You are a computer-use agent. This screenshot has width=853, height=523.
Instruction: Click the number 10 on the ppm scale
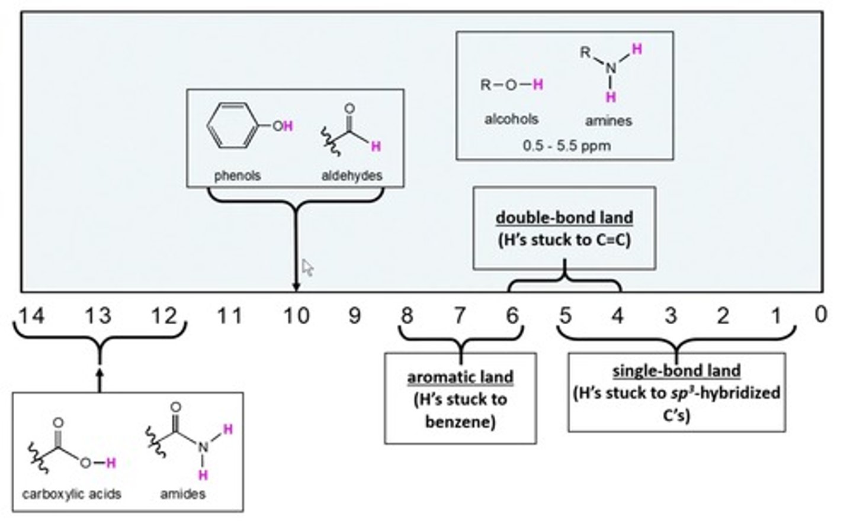pyautogui.click(x=296, y=316)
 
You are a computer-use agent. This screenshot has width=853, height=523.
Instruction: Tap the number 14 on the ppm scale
pyautogui.click(x=31, y=316)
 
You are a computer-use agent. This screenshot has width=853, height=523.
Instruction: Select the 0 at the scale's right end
pyautogui.click(x=820, y=315)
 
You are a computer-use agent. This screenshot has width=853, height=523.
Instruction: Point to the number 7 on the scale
pyautogui.click(x=460, y=316)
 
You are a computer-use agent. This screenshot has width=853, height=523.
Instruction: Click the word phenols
pyautogui.click(x=238, y=176)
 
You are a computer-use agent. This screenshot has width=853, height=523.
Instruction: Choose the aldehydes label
pyautogui.click(x=352, y=176)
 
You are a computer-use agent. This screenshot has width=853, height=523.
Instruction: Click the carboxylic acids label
pyautogui.click(x=72, y=493)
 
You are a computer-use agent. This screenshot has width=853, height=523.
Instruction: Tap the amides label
pyautogui.click(x=182, y=493)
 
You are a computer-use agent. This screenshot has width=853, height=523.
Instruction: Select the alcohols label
pyautogui.click(x=511, y=119)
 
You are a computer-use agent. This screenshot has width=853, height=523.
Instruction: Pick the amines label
pyautogui.click(x=608, y=121)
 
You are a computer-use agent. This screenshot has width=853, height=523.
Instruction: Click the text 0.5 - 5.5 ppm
pyautogui.click(x=567, y=146)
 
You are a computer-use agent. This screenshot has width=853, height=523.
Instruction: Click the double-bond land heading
pyautogui.click(x=564, y=217)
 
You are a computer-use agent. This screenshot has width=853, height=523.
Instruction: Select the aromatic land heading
pyautogui.click(x=460, y=377)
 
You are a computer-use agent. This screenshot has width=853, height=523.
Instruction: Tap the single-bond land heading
pyautogui.click(x=676, y=371)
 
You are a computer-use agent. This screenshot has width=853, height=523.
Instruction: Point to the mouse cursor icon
pyautogui.click(x=307, y=267)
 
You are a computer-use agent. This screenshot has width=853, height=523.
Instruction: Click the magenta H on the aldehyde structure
pyautogui.click(x=376, y=146)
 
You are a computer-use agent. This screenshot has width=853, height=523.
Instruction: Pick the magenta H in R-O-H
pyautogui.click(x=538, y=85)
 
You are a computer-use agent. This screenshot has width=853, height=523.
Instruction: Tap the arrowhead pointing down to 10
pyautogui.click(x=296, y=287)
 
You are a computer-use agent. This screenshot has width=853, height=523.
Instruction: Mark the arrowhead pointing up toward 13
pyautogui.click(x=100, y=375)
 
